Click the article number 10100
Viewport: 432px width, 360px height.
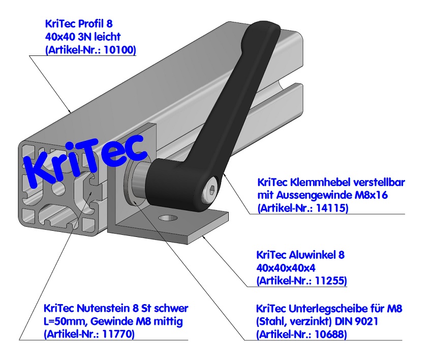click(121, 50)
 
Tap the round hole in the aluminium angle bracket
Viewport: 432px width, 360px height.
click(167, 218)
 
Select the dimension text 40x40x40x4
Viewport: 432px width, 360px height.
click(288, 267)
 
